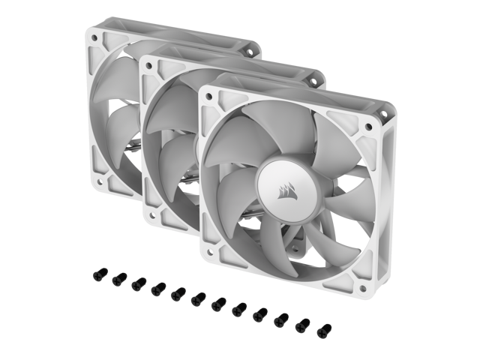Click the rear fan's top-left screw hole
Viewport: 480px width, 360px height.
[95, 34]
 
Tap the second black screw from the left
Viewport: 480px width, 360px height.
[117, 280]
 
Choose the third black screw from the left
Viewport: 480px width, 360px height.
[137, 284]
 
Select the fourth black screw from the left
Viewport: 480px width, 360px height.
[157, 289]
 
